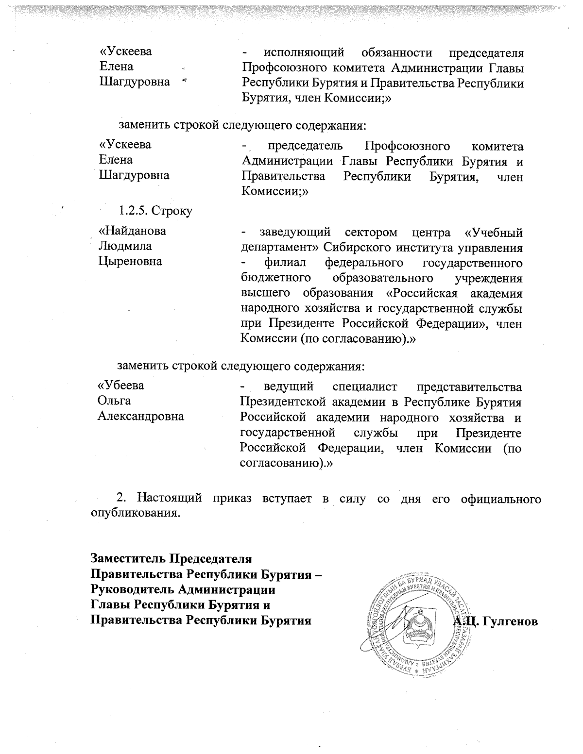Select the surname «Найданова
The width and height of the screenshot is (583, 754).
coord(132,231)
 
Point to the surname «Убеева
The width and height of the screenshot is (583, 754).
coord(121,385)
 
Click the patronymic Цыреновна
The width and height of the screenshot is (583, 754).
coord(130,262)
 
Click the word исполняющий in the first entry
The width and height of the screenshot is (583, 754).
coord(304,51)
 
